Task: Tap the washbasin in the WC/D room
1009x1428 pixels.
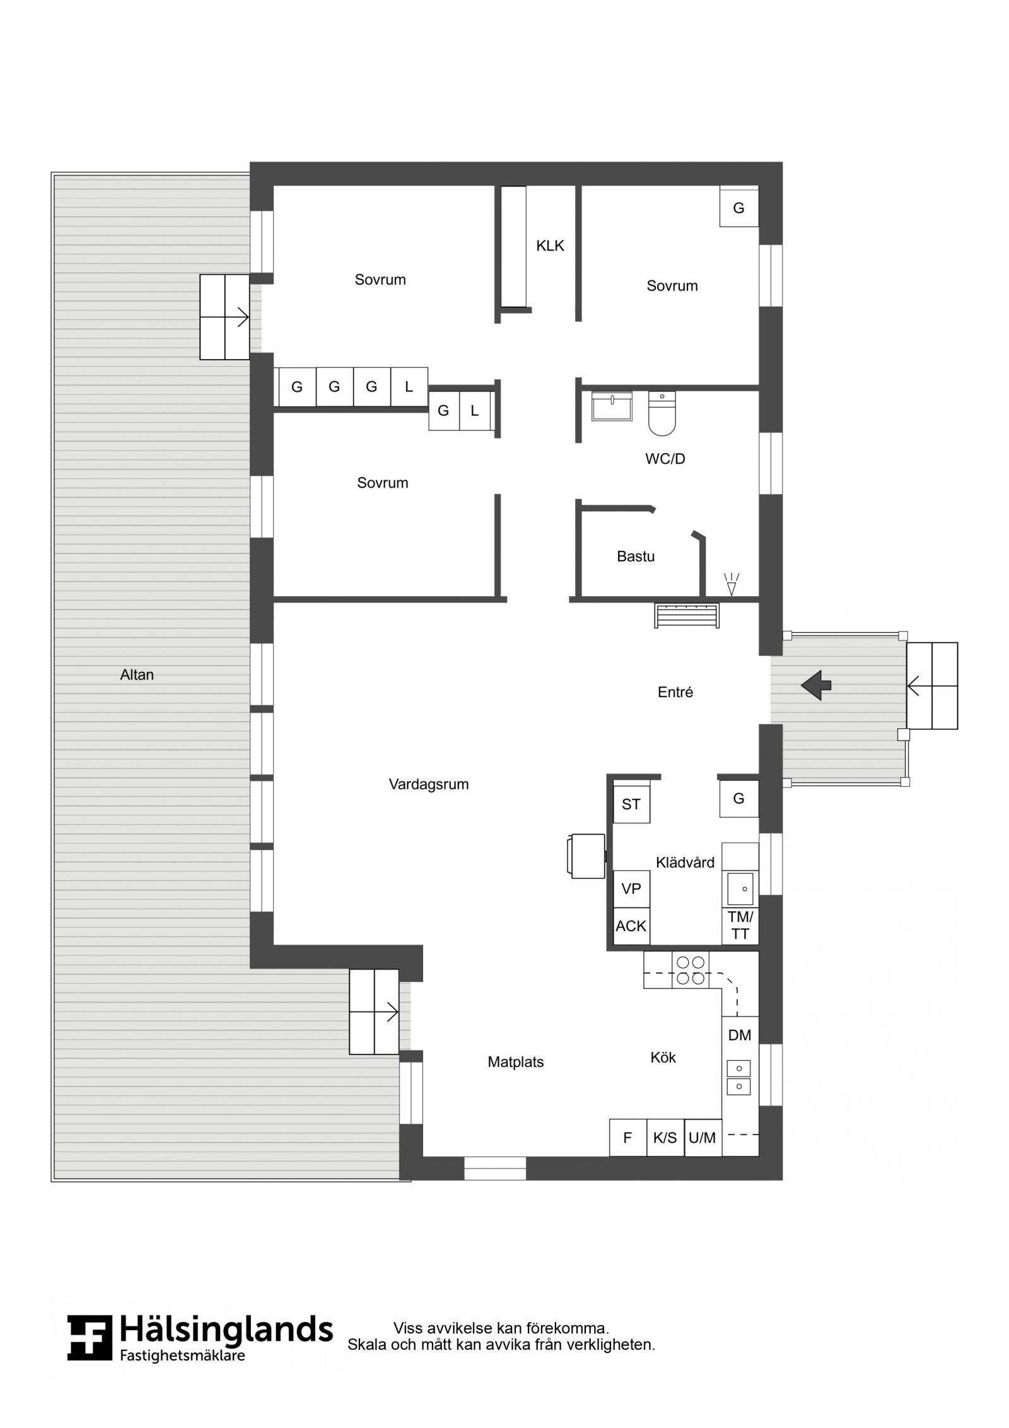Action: click(x=612, y=406)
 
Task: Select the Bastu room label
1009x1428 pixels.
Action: click(x=636, y=557)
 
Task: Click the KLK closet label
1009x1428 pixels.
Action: click(x=550, y=246)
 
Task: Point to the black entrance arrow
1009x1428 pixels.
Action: click(x=816, y=685)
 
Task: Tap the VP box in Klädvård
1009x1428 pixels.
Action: click(x=631, y=889)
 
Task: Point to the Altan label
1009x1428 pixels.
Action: click(x=137, y=675)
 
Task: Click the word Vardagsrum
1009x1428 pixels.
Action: click(x=429, y=784)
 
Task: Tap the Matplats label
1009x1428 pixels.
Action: click(x=516, y=1062)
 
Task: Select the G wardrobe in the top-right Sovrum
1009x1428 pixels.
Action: click(x=739, y=207)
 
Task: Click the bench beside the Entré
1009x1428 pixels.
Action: click(x=687, y=615)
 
